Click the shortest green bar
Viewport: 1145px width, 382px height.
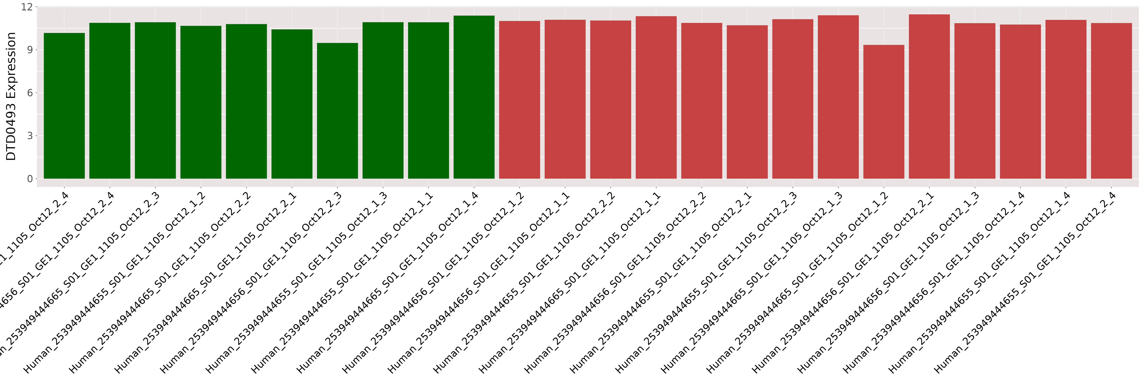click(x=337, y=111)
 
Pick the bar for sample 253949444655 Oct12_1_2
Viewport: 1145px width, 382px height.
click(x=201, y=102)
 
